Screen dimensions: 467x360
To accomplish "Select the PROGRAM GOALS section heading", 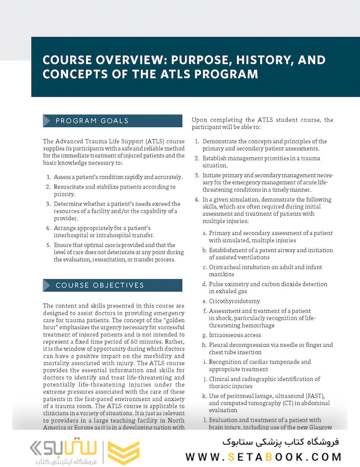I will pos(92,121).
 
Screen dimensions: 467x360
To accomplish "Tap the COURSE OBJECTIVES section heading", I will pos(100,285).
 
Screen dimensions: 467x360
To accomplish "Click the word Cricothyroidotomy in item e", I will pos(235,301).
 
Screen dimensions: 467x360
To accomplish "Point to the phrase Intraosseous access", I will pos(235,335).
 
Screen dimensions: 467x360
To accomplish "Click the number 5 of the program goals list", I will pos(48,245).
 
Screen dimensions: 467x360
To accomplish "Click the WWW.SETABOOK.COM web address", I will pos(264,457).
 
